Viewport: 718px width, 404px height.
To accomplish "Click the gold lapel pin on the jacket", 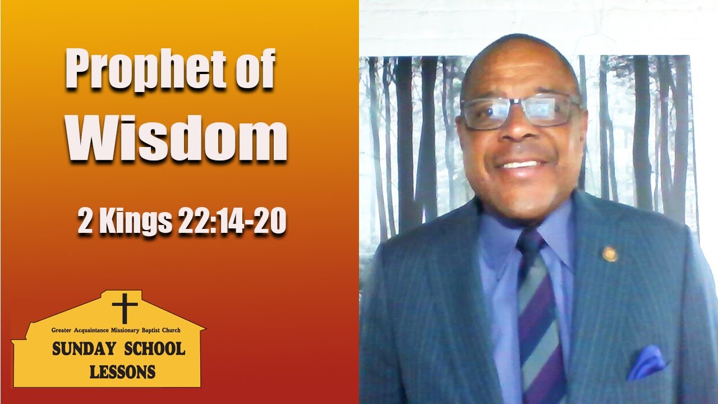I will tap(609, 254).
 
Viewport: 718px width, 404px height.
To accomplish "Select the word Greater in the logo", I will tap(62, 330).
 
